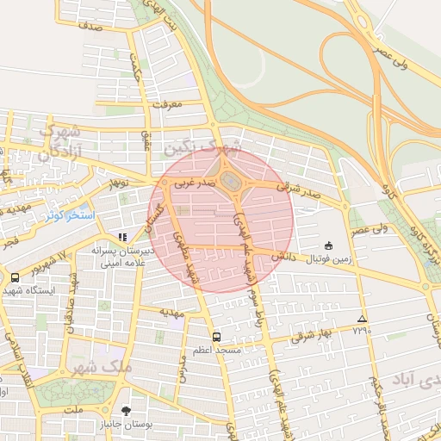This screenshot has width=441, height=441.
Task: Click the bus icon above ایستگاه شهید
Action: point(15,277)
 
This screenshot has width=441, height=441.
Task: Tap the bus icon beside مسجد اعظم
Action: point(215,338)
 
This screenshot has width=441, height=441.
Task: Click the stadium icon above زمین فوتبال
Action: point(327,245)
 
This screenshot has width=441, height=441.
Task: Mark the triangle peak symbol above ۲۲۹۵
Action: point(362,319)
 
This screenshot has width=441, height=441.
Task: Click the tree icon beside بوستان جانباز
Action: point(127,411)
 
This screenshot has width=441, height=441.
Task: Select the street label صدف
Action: point(89,26)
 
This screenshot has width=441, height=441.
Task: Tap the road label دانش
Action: point(285,256)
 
